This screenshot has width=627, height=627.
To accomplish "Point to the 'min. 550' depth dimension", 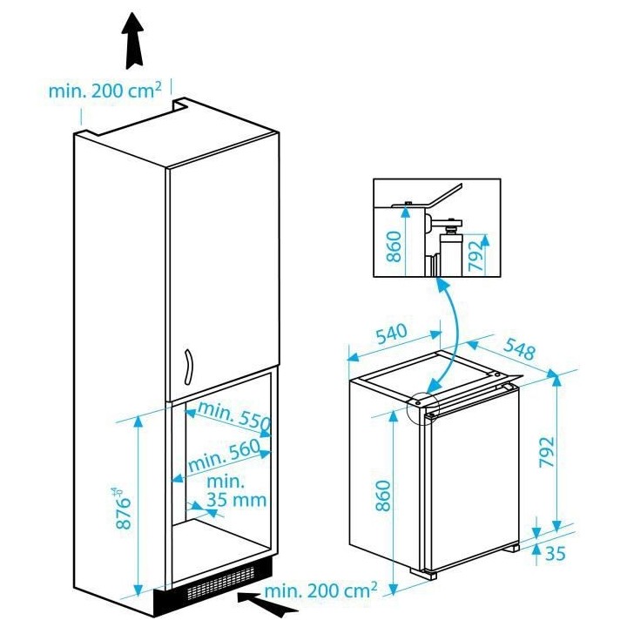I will [x=234, y=417].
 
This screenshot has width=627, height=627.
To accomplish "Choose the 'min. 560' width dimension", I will [x=223, y=455].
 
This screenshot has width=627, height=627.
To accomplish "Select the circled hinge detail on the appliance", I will [x=421, y=403].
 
